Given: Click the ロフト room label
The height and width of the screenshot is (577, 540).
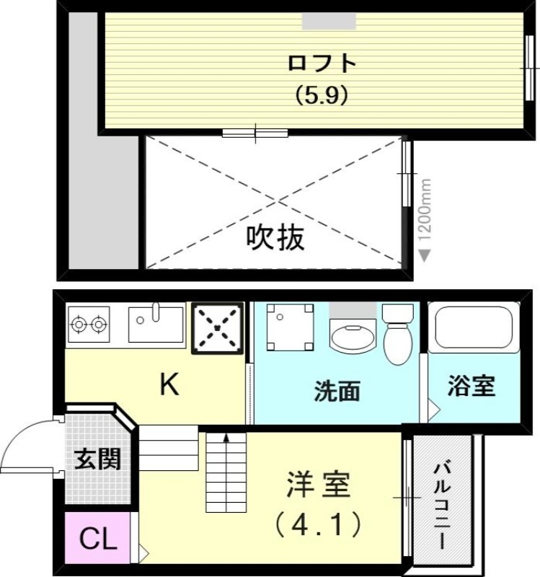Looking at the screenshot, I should (322, 63).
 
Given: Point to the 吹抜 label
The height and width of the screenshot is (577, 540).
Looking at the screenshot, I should (275, 237).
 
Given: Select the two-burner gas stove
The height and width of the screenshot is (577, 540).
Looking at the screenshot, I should (89, 324).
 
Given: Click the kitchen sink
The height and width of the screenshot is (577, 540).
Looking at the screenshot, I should (156, 324).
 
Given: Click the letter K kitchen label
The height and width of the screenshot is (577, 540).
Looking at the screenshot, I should (169, 386).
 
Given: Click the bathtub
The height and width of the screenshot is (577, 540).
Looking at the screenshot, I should (473, 328).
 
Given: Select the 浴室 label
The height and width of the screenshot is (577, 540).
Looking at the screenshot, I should (472, 386).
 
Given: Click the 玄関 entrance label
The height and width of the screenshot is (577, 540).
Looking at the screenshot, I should (97, 459).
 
